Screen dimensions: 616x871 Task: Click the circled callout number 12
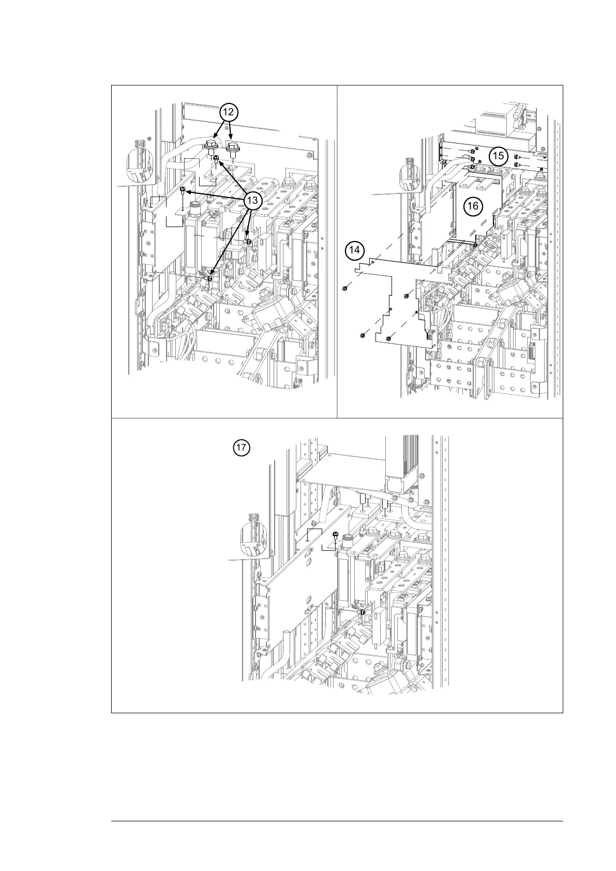[228, 112]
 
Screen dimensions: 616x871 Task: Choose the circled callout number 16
[472, 206]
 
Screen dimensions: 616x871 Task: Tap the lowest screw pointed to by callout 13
[209, 278]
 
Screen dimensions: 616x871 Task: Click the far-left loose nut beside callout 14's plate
[344, 289]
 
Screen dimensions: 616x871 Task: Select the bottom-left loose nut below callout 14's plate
[362, 337]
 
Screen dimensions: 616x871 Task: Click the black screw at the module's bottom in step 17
[362, 612]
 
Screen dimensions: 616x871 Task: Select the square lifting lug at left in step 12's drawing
[139, 143]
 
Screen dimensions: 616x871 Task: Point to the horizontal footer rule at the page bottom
[337, 821]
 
